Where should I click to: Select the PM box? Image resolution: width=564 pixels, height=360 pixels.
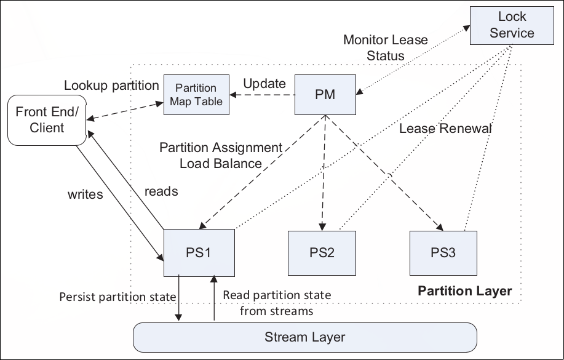pos(324,95)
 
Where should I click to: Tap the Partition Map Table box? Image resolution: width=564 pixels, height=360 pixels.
pos(196,95)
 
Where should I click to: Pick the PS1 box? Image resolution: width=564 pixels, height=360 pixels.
pos(199,252)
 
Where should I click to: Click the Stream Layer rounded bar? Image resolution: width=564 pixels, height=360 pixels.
pos(304,337)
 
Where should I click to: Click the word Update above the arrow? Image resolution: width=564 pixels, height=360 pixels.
pos(264,83)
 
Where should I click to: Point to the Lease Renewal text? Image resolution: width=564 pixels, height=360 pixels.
pos(446,129)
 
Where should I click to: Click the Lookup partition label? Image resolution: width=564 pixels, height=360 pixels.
pos(111,85)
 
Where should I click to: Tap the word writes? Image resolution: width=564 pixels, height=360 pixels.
pos(85,194)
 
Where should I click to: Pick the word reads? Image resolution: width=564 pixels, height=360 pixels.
pos(161,191)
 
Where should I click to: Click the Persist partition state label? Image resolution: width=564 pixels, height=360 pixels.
pos(117,297)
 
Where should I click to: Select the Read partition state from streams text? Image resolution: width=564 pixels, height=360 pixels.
pos(277,303)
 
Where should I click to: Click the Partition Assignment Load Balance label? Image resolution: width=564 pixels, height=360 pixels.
pos(220,156)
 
